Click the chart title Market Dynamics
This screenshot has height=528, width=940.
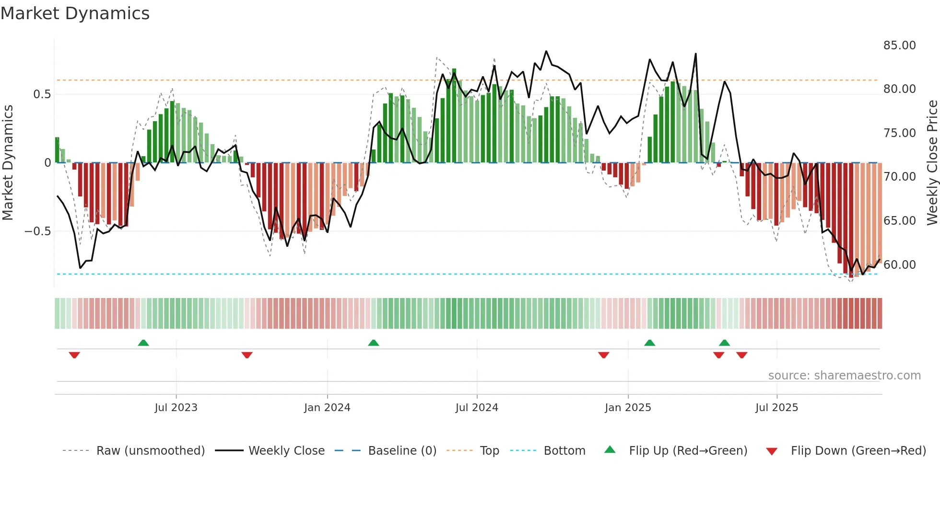(75, 13)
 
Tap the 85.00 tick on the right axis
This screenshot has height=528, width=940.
(899, 46)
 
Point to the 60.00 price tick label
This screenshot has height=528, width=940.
(899, 264)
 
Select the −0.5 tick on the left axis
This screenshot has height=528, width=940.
(37, 231)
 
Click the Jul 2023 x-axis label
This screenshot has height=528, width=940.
(176, 408)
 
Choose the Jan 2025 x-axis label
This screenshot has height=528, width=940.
(628, 408)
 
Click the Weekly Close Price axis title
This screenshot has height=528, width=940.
(932, 163)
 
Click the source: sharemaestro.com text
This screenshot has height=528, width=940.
(844, 376)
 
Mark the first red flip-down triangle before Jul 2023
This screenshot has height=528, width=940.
(74, 355)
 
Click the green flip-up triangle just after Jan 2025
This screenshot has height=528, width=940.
(649, 343)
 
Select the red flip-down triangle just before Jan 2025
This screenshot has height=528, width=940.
(604, 355)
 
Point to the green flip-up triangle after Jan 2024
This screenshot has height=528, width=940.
(374, 343)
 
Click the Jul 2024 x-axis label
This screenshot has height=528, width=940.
(477, 408)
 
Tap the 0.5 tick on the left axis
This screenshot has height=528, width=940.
(42, 94)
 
